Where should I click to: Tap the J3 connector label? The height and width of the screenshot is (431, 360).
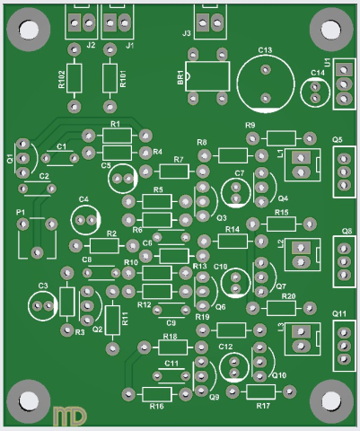(187, 33)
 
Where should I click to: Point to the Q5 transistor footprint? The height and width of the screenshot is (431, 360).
(342, 170)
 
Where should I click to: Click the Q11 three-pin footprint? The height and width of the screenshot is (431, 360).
(342, 343)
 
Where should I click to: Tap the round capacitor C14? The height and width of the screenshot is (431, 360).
(315, 91)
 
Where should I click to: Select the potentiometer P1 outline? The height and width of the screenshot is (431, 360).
(35, 236)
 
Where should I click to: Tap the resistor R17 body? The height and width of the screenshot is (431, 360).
(262, 391)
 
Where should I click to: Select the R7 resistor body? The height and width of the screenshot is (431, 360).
(172, 171)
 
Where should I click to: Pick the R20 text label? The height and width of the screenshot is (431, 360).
(288, 296)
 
